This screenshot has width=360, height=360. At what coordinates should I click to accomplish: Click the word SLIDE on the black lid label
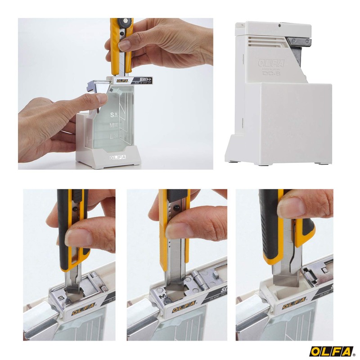tap(145, 80)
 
